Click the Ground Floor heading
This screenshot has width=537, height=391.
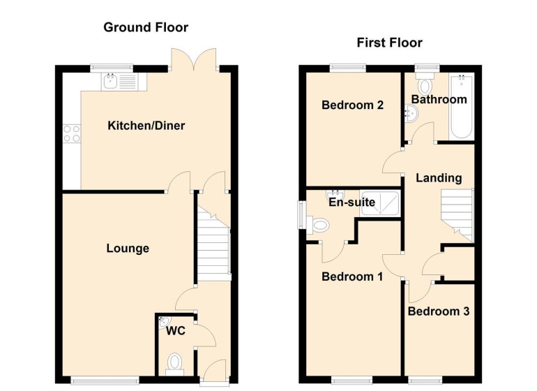click(x=146, y=27)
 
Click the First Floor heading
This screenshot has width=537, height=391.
click(x=389, y=43)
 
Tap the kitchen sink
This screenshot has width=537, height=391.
click(x=110, y=82)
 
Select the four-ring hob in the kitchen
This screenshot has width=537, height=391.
click(x=72, y=133)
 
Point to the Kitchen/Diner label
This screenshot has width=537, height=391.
click(x=146, y=126)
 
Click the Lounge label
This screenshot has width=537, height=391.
click(x=128, y=248)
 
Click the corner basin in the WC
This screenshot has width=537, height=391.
click(x=164, y=321)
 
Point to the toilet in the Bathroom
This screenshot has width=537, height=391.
click(x=425, y=83)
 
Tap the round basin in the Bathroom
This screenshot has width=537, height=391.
click(x=411, y=114)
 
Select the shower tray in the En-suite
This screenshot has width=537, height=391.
click(x=379, y=203)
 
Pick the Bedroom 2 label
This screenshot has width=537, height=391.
click(x=352, y=105)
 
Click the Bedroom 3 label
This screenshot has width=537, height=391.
click(x=439, y=311)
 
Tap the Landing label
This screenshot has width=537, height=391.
click(x=439, y=177)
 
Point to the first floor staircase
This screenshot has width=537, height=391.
click(x=457, y=215)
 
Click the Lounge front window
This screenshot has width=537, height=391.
click(x=105, y=380)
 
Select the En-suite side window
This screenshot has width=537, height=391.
click(x=301, y=215)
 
